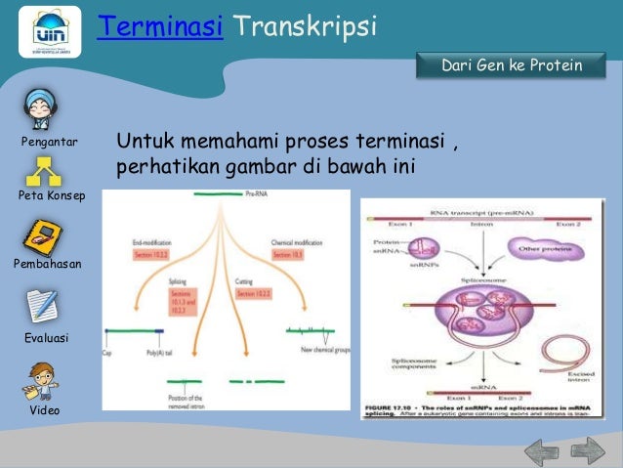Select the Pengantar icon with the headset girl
pyautogui.click(x=42, y=109)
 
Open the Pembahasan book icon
pyautogui.click(x=44, y=236)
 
